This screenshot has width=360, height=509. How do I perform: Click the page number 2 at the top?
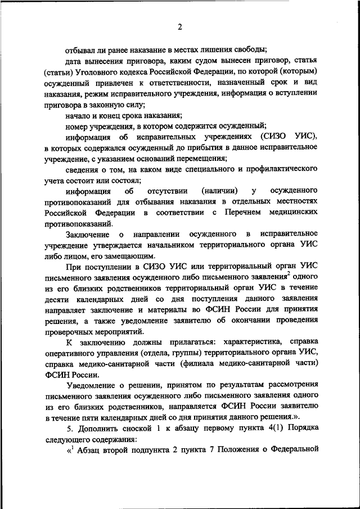tap(180, 26)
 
